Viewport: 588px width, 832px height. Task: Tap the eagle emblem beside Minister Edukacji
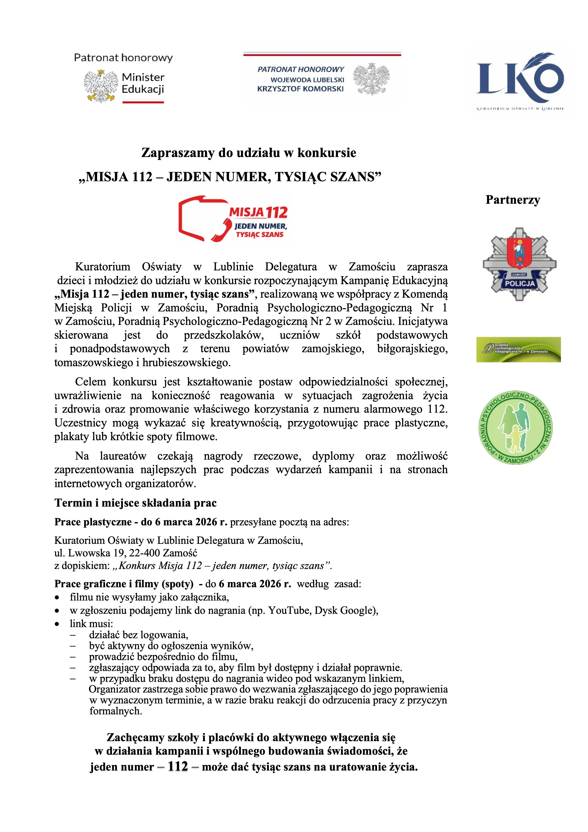coord(101,86)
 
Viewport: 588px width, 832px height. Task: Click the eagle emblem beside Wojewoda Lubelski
coord(371,79)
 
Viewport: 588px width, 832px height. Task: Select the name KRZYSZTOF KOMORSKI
coord(300,89)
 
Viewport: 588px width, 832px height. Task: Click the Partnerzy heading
coord(513,200)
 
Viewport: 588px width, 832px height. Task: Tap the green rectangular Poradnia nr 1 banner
coord(518,349)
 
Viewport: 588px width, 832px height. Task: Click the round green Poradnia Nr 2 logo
coord(515,428)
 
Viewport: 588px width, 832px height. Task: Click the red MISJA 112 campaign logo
coord(233,218)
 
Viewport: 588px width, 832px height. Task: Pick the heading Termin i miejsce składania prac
coord(135,503)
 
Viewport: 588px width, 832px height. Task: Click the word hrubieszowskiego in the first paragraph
coord(186,362)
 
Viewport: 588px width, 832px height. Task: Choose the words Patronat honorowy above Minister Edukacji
coord(123,58)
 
